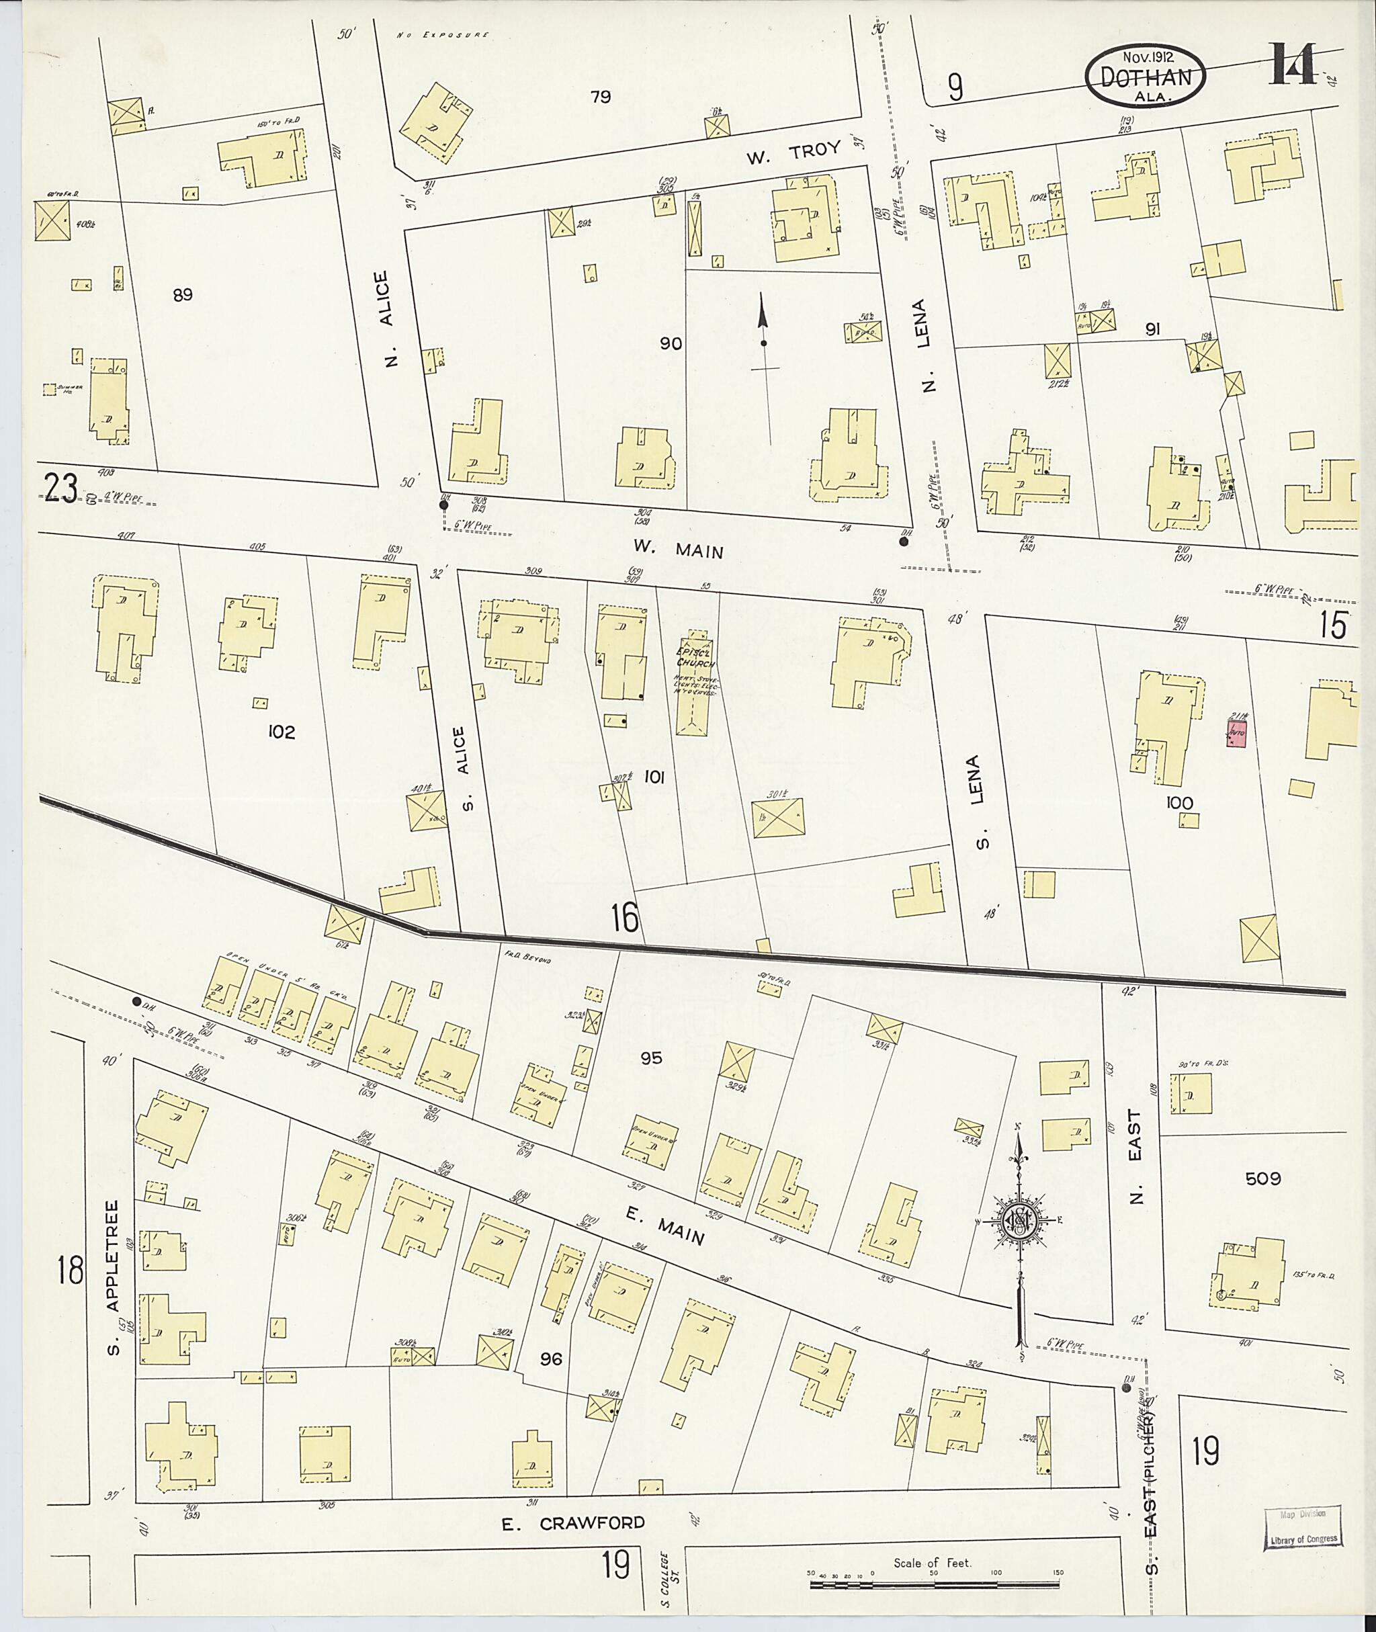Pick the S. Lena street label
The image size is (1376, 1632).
click(982, 800)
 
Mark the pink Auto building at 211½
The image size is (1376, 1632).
click(1237, 733)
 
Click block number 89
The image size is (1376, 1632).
click(183, 295)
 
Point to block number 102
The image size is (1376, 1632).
click(281, 732)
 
